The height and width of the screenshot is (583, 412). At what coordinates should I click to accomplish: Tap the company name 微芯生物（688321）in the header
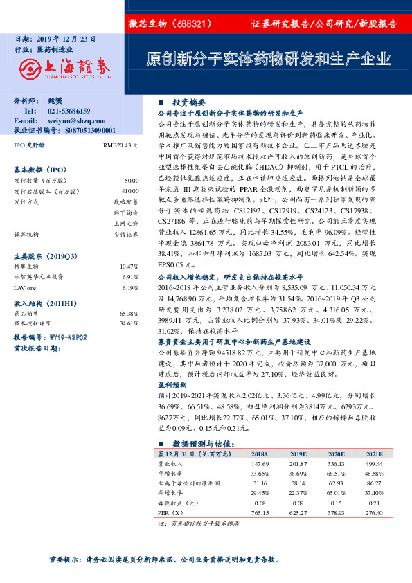coord(170,24)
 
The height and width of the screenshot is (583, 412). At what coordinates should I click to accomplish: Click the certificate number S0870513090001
coord(85,129)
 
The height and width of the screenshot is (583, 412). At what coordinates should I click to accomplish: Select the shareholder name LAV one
coord(24,268)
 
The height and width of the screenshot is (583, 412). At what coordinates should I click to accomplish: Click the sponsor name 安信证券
coord(127,233)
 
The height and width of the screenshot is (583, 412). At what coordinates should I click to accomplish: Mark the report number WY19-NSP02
coord(67,337)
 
